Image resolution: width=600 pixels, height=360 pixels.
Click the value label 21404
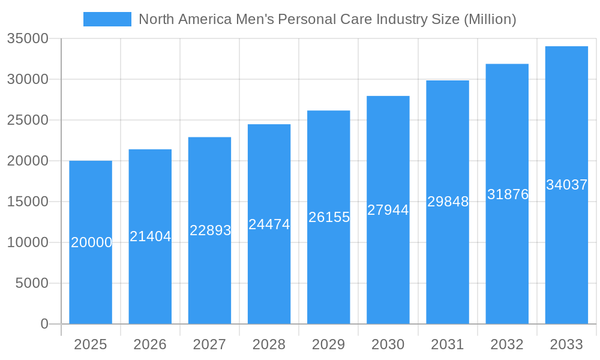[x=151, y=236]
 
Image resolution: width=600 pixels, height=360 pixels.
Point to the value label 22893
[x=210, y=230]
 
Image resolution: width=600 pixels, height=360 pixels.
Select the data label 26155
[x=329, y=217]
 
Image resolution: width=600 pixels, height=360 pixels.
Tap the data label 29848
[x=448, y=202]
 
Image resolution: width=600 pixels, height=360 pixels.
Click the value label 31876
[x=508, y=194]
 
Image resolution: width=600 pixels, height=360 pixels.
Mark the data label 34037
[x=566, y=185]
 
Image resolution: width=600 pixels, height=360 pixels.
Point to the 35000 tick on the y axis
[x=28, y=39]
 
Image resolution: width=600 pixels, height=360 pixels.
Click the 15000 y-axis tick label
[x=28, y=202]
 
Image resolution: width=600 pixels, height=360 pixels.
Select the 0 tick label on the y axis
[x=44, y=324]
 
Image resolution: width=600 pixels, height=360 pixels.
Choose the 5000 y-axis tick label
[x=32, y=283]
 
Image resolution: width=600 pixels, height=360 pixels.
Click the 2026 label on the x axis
[x=150, y=344]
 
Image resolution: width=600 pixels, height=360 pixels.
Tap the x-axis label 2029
[x=329, y=344]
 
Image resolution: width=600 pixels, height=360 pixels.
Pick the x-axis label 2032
[x=507, y=344]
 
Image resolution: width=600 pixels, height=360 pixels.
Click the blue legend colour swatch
[x=107, y=19]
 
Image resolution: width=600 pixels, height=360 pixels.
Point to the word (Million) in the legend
[x=489, y=19]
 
